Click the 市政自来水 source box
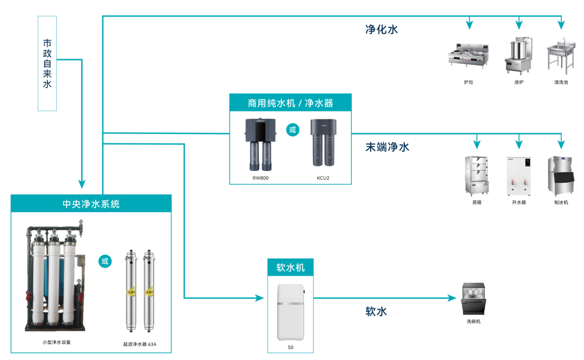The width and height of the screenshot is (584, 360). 47,63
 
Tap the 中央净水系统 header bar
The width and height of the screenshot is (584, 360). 91,204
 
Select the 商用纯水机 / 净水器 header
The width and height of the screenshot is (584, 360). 290,103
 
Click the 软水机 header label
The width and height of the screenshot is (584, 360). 290,267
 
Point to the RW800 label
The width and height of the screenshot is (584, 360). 260,178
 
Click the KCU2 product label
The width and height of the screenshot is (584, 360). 323,178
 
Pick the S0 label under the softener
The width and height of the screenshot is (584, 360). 290,347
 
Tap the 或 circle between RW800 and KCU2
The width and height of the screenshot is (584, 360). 293,130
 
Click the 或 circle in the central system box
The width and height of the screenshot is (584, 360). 105,261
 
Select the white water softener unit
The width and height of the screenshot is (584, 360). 290,312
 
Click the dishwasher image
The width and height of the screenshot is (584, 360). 474,299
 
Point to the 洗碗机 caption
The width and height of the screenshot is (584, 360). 474,322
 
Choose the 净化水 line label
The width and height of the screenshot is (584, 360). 382,29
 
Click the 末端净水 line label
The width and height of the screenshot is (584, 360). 387,147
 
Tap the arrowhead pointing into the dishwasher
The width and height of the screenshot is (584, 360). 452,298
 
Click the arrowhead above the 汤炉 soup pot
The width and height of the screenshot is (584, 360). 519,25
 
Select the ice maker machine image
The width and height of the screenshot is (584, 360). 561,176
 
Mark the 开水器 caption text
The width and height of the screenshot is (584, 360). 519,202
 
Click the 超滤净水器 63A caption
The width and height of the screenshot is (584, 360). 140,344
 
